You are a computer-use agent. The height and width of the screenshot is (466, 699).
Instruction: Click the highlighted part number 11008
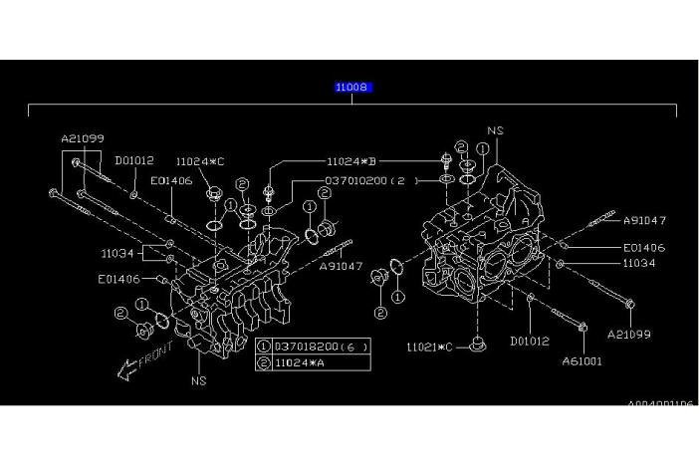(x=353, y=88)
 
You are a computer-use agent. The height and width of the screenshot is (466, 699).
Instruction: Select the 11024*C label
(x=199, y=160)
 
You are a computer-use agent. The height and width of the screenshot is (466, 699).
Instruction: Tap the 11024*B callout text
(x=352, y=159)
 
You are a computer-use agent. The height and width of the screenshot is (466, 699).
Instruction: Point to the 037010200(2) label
(x=365, y=181)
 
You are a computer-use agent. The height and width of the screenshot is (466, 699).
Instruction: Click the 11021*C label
(x=429, y=347)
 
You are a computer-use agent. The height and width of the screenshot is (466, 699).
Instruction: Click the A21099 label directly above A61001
(x=628, y=334)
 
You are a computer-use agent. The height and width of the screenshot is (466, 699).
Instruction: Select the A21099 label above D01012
(x=82, y=138)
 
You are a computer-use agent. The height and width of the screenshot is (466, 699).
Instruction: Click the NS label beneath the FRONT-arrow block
(x=198, y=380)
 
